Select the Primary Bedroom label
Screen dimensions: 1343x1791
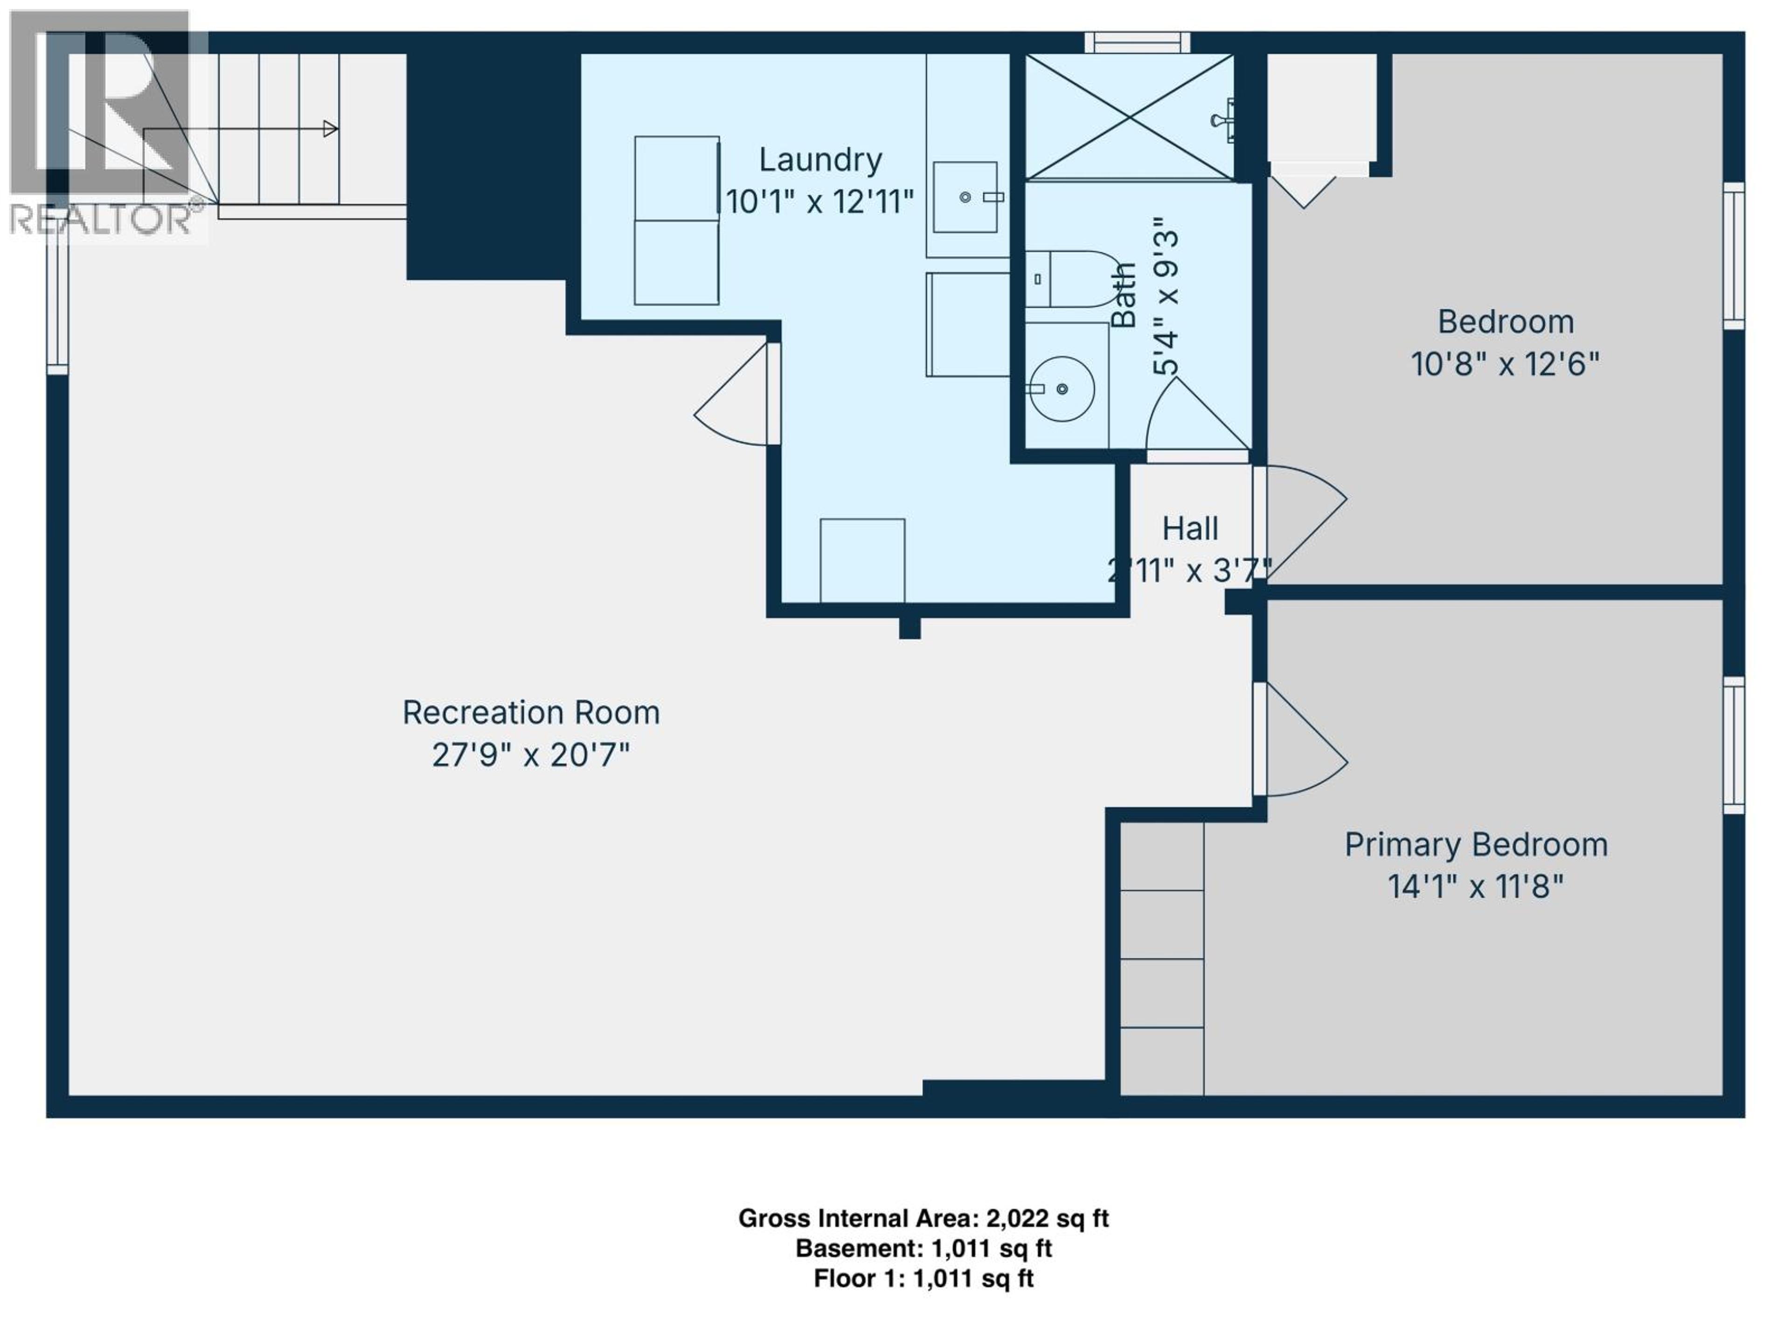1475,845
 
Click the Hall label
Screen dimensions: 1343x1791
1189,529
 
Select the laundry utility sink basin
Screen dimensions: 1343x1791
965,197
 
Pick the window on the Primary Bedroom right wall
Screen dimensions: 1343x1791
1733,745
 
